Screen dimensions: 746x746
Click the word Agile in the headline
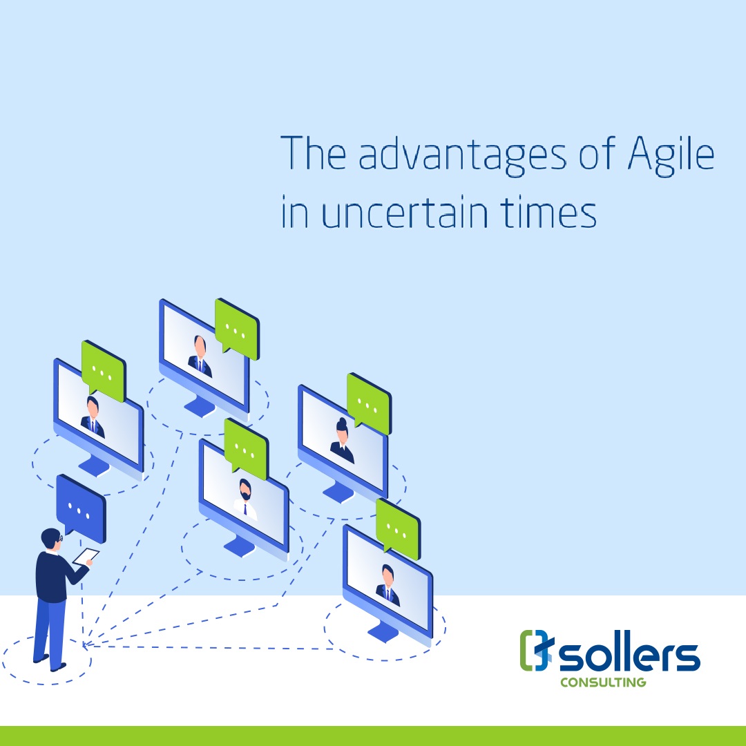click(671, 156)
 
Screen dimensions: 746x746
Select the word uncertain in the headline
click(405, 212)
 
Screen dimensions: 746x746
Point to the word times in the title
click(548, 212)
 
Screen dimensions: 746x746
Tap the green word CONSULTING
click(603, 682)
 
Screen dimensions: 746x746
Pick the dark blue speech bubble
click(81, 507)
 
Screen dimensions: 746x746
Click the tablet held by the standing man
click(86, 556)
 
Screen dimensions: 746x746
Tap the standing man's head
click(51, 539)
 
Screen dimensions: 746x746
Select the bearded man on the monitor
click(245, 499)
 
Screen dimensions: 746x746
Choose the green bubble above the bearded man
click(246, 449)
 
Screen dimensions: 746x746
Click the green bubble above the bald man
click(237, 329)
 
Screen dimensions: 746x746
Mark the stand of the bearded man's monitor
click(239, 546)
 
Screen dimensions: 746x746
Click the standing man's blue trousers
click(49, 632)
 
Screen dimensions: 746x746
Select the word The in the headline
click(313, 153)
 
